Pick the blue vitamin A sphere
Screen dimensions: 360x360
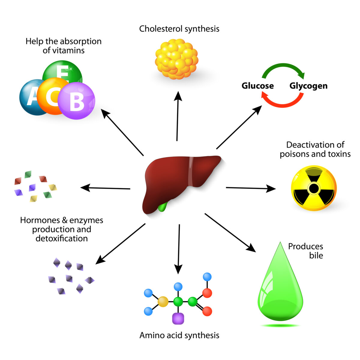click(x=30, y=97)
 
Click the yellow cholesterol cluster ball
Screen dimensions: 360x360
click(x=176, y=59)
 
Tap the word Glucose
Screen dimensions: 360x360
click(x=257, y=86)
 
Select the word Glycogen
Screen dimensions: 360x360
click(x=308, y=86)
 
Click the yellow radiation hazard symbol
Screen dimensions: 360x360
click(x=313, y=188)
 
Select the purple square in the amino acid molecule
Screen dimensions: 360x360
click(x=178, y=318)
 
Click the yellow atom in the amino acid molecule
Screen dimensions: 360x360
click(x=163, y=301)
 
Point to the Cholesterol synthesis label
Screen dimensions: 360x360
click(x=179, y=29)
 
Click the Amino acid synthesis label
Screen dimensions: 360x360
click(x=179, y=335)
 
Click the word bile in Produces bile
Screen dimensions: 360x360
click(x=316, y=256)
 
